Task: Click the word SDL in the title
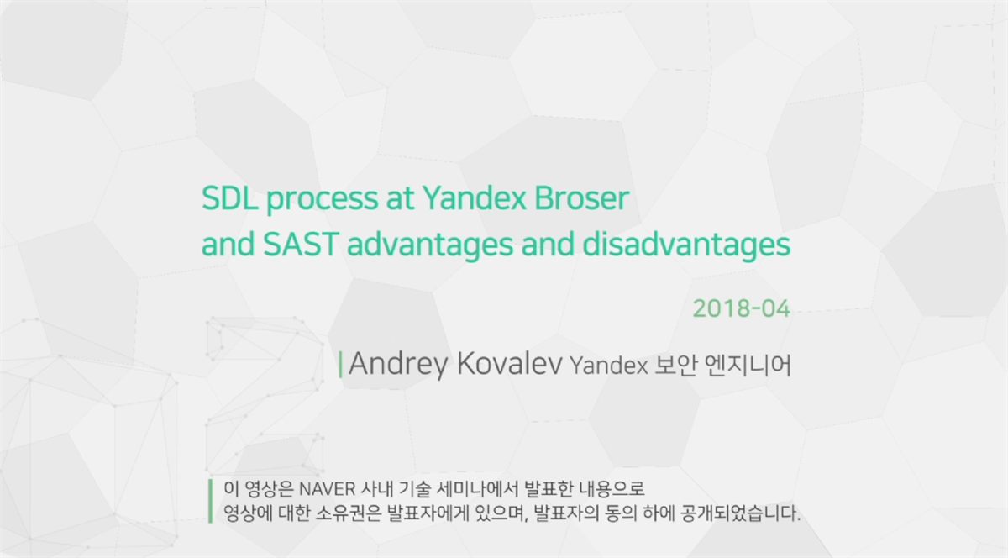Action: tap(229, 198)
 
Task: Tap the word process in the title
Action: tap(323, 201)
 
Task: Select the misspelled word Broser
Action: tap(581, 198)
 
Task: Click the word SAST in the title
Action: tap(300, 245)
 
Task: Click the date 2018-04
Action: tap(741, 309)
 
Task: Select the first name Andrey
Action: tap(398, 365)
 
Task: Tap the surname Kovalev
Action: tap(509, 363)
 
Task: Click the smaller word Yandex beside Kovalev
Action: tap(609, 366)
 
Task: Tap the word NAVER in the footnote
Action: tap(327, 488)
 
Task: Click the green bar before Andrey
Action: tap(341, 365)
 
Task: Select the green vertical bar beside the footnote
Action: tap(211, 501)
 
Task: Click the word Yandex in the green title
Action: tap(475, 198)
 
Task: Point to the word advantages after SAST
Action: tap(430, 246)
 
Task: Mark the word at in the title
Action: tap(400, 199)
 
